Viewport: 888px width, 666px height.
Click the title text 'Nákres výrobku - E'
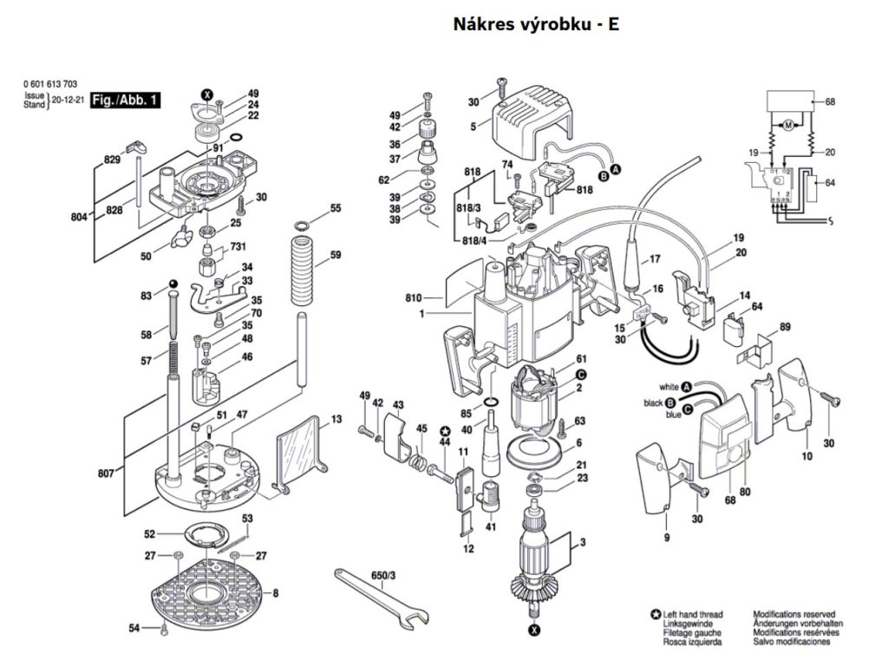536,24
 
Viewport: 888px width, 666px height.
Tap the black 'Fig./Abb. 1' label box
126,101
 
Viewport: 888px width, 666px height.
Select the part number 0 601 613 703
51,84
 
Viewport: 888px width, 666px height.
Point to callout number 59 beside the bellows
336,255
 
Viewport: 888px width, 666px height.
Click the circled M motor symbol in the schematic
788,127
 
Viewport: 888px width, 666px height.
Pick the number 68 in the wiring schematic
830,102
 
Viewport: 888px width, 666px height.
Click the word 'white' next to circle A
669,387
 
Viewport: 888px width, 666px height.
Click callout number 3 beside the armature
584,544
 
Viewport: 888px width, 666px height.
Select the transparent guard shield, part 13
299,455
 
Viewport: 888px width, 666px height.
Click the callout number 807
106,474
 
